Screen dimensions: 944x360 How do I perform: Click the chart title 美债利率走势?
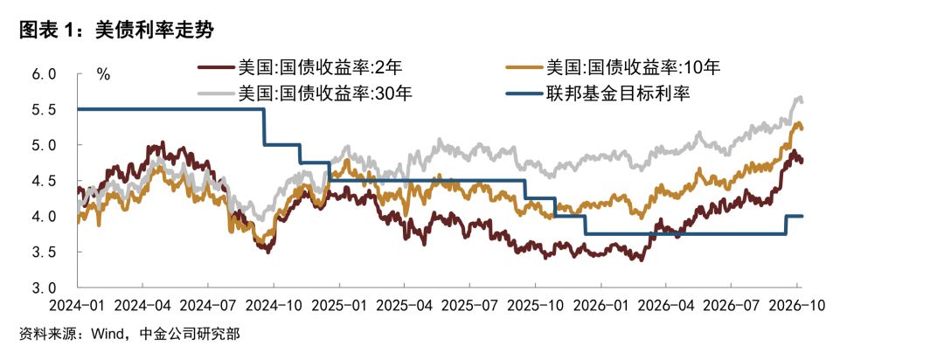point(154,30)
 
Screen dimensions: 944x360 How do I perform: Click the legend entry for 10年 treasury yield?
point(614,66)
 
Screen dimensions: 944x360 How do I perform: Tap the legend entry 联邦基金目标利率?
point(599,93)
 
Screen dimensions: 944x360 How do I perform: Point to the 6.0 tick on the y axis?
point(44,74)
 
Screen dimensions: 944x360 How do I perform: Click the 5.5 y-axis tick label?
point(44,110)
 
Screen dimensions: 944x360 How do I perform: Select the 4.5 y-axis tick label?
point(44,181)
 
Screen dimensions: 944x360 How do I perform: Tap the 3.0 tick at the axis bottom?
point(44,287)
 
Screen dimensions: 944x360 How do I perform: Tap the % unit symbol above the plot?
point(103,74)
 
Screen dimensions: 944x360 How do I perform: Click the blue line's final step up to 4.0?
point(787,225)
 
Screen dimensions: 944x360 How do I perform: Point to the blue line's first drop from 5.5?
point(264,127)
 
